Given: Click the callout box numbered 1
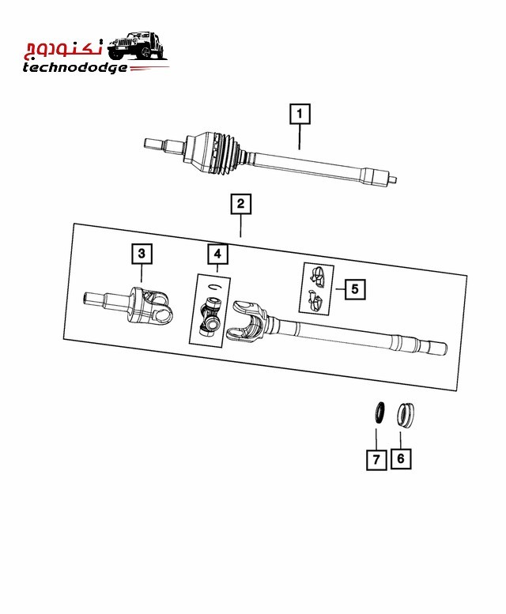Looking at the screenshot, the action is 300,114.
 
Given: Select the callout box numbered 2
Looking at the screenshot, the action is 240,204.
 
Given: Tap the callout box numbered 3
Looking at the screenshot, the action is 142,254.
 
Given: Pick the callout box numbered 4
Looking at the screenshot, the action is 217,254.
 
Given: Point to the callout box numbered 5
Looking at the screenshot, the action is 355,289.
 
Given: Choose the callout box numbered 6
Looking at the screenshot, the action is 401,458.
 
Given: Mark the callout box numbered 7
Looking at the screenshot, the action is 376,459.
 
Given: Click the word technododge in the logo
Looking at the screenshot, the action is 75,68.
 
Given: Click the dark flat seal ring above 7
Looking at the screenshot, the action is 379,412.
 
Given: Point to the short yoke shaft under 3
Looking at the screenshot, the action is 128,306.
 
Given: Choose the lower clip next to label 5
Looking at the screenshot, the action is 315,300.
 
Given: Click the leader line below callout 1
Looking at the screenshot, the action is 300,137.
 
